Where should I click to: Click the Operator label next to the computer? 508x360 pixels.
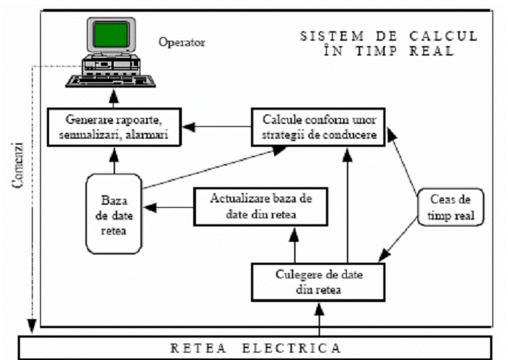tap(181, 42)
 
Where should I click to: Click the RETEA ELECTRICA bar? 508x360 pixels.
tap(255, 347)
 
